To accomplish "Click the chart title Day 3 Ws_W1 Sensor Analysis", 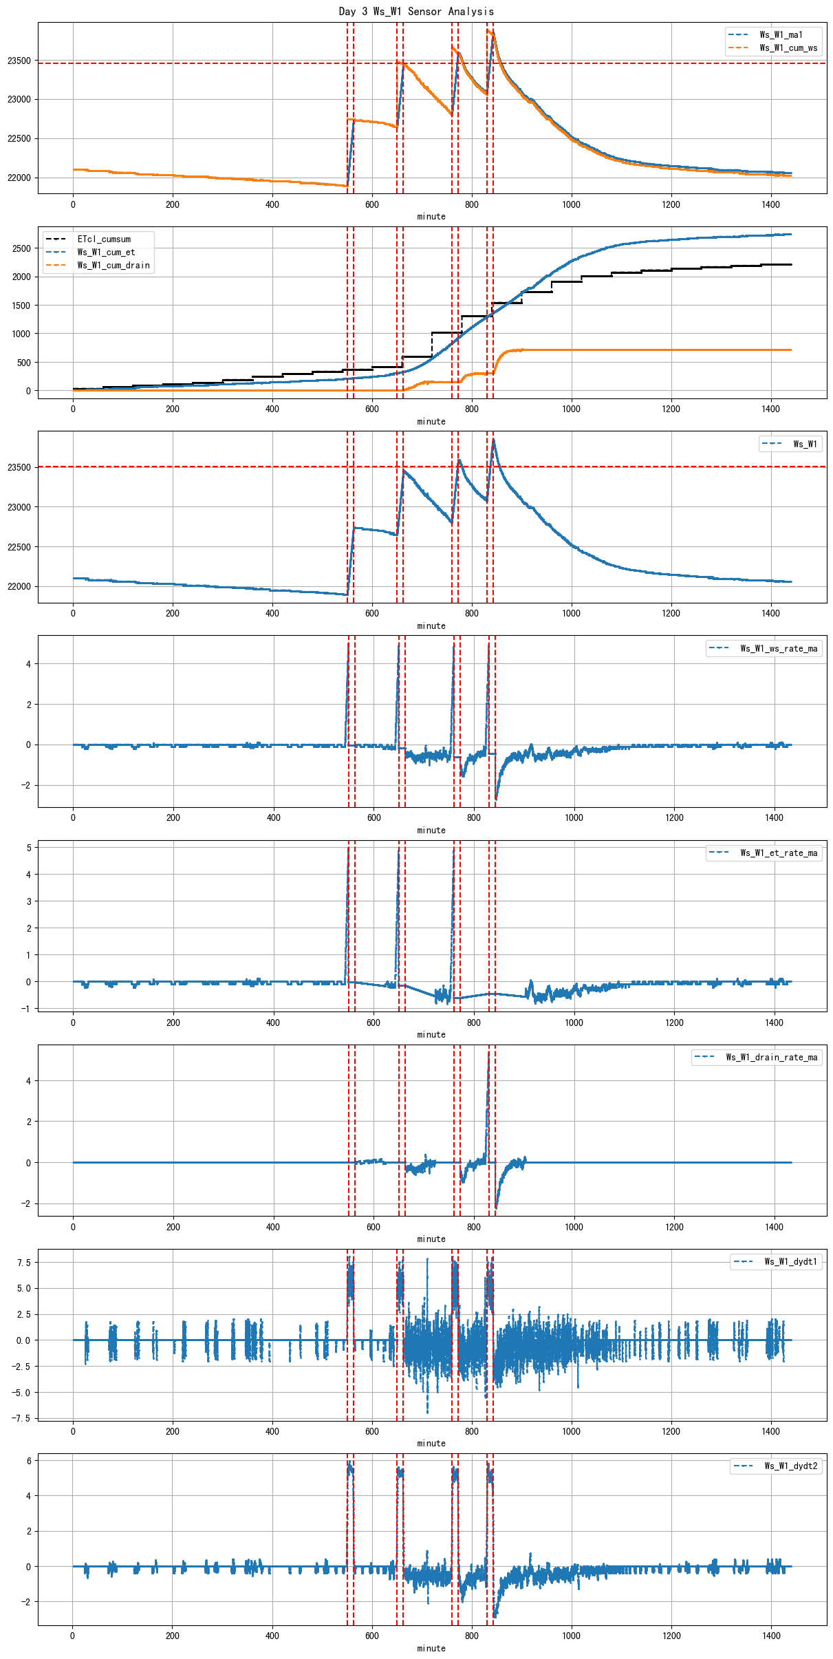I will click(416, 11).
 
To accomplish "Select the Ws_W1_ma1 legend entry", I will click(781, 34).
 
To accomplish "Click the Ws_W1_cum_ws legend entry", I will click(788, 47).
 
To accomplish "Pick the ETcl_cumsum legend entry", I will click(104, 239).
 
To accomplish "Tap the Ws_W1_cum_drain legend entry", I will click(113, 265).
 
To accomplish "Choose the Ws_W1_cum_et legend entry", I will click(106, 252).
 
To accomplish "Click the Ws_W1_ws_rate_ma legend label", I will click(779, 648).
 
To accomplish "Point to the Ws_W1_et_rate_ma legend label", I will click(779, 853).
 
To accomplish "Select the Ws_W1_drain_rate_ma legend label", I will click(772, 1057).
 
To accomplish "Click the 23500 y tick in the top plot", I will click(19, 61).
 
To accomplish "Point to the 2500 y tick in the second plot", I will click(21, 248).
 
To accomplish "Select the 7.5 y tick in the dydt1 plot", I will click(24, 1262).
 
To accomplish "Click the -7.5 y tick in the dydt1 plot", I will click(21, 1418).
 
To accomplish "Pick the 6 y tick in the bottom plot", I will click(28, 1460).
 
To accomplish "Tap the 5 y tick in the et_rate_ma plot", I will click(28, 848).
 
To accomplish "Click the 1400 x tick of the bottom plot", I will click(771, 1636).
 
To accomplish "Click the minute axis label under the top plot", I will click(431, 216).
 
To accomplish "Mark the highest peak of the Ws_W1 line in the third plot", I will click(493, 439).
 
